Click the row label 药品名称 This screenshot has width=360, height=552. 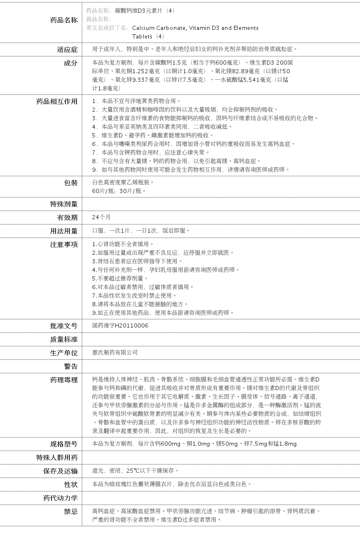[x=64, y=20]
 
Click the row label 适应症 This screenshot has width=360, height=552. [x=67, y=49]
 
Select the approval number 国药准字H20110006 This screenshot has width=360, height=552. [x=120, y=325]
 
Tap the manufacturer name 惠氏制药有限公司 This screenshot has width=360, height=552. [x=115, y=352]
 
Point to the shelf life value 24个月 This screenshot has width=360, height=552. [x=101, y=217]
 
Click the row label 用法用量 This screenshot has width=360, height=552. [x=64, y=231]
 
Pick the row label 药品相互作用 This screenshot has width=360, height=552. [x=57, y=101]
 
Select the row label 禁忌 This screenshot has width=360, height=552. [x=70, y=512]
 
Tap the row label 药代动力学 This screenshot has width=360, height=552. [x=60, y=498]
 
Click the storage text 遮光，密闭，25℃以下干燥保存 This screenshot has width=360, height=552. [x=135, y=471]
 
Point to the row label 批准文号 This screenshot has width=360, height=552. [x=64, y=326]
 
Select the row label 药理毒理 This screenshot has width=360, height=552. [x=64, y=380]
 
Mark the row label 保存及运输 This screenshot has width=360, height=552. [x=60, y=471]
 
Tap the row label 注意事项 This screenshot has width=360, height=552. [x=64, y=245]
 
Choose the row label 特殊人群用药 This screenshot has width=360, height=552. [x=57, y=458]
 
